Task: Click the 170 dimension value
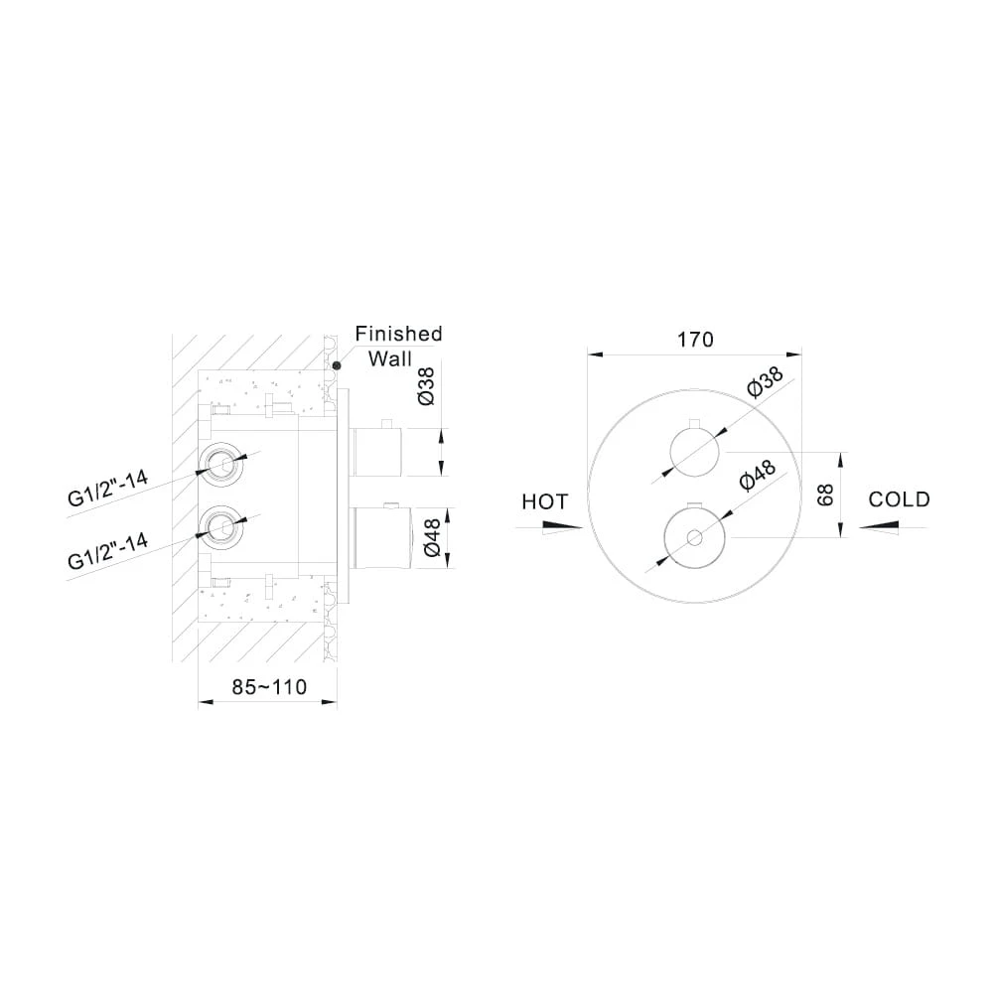[x=695, y=340]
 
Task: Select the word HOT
[x=544, y=501]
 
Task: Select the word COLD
[x=899, y=499]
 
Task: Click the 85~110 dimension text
[x=268, y=686]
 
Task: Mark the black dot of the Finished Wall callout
[x=337, y=365]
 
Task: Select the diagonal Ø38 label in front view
[x=765, y=382]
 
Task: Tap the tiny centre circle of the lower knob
[x=694, y=538]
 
